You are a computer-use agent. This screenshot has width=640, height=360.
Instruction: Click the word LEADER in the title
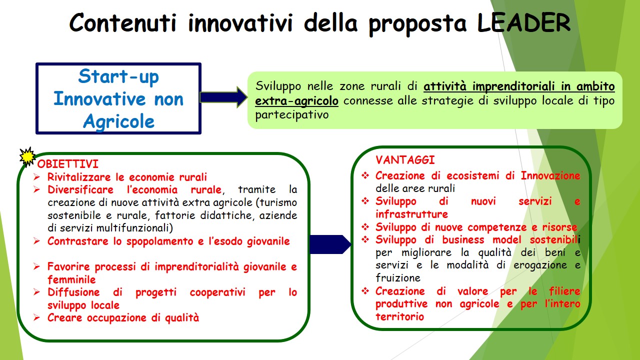(523, 22)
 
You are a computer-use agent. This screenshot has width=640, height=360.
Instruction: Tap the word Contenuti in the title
(123, 22)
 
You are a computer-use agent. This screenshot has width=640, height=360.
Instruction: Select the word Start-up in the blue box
(118, 76)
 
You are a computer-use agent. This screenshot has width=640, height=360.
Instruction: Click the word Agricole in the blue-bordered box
(119, 121)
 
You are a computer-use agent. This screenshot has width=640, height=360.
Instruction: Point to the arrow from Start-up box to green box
(223, 97)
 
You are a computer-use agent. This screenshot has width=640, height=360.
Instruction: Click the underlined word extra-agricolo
(296, 101)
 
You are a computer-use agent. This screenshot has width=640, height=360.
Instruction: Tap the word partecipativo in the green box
(291, 115)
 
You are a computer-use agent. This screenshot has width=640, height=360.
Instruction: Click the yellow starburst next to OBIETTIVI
(27, 157)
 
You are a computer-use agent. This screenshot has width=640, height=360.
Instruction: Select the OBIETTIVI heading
(67, 164)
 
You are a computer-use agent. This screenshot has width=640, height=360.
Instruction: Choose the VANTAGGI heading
(405, 160)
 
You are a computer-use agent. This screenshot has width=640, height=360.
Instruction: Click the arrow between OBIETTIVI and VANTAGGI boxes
(330, 244)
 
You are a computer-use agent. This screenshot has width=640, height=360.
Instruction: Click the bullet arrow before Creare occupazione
(36, 317)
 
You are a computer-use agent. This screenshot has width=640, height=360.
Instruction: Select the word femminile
(71, 279)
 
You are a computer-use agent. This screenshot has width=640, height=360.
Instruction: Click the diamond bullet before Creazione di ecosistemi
(365, 175)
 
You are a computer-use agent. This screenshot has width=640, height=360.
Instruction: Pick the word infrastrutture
(411, 214)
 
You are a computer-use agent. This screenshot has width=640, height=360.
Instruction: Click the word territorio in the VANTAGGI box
(399, 316)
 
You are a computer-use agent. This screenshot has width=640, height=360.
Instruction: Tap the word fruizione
(398, 277)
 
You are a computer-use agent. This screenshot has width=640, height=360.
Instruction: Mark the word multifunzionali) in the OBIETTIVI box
(134, 228)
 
